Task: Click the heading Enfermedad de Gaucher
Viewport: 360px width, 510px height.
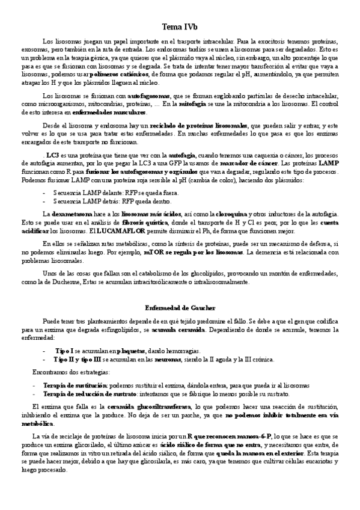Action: coord(180,307)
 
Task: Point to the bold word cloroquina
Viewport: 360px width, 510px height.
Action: coord(249,214)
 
